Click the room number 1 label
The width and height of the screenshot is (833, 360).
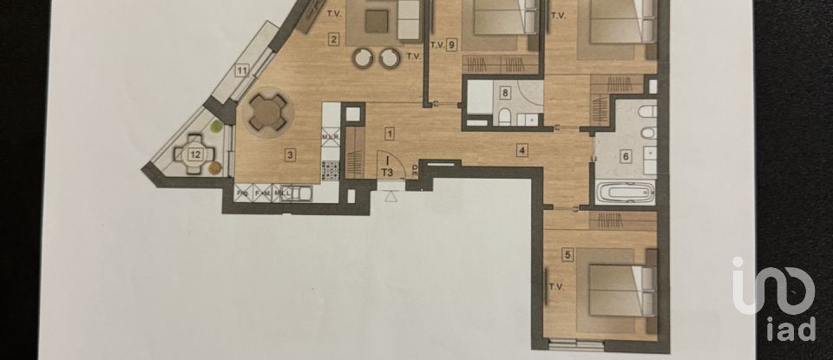point(390,134)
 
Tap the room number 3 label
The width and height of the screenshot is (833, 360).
point(291,155)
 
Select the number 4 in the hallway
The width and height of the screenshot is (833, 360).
point(521,150)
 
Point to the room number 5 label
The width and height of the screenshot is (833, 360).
point(567,254)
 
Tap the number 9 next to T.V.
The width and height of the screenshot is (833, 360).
point(452,45)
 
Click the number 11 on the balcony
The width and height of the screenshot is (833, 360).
point(242,69)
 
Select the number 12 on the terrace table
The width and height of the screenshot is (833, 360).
point(195,154)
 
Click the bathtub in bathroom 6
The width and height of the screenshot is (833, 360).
point(623,193)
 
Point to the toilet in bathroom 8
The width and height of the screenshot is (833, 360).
point(502,117)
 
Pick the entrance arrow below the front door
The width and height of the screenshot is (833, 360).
point(390,197)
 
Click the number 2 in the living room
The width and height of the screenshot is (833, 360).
point(333,38)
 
